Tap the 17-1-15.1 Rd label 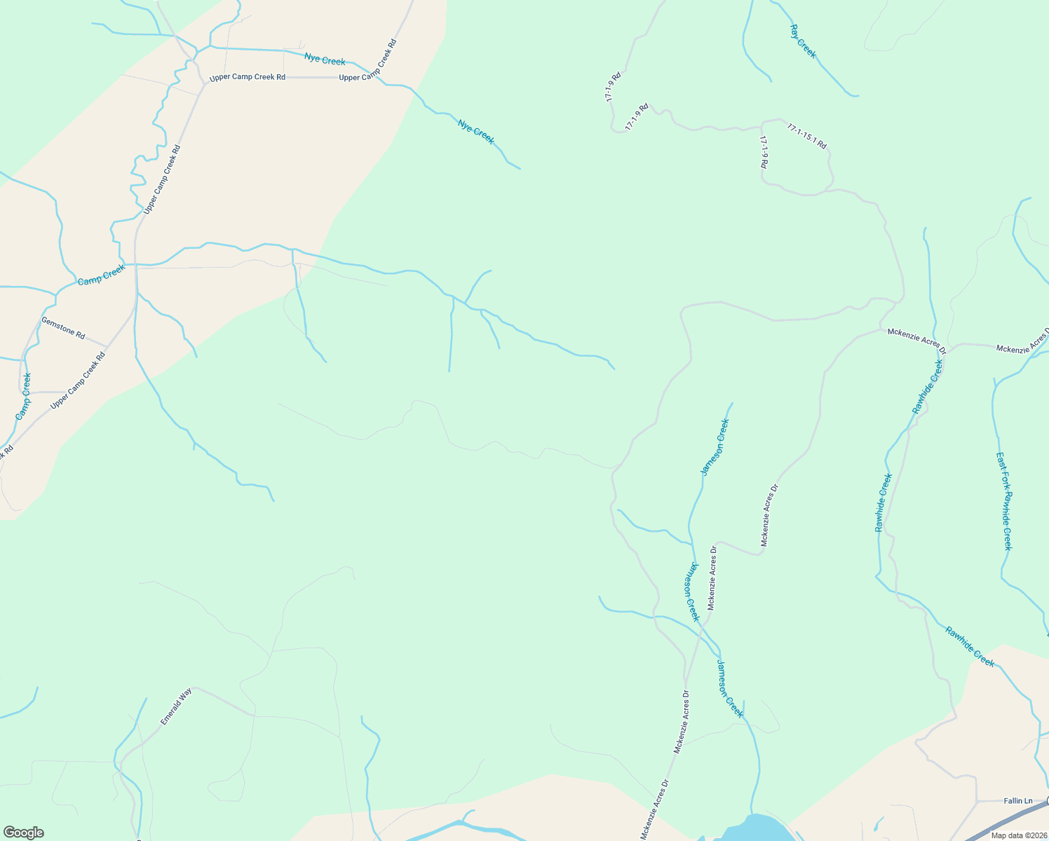[806, 136]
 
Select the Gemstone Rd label [63, 328]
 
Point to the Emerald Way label [175, 706]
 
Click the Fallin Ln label [1017, 800]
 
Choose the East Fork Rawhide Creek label [1005, 500]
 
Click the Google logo [23, 833]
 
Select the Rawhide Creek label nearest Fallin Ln [969, 646]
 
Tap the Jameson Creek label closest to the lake [730, 688]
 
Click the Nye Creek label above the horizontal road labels [325, 60]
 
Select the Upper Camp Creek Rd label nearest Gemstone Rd [78, 381]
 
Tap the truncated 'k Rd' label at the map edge [6, 451]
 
